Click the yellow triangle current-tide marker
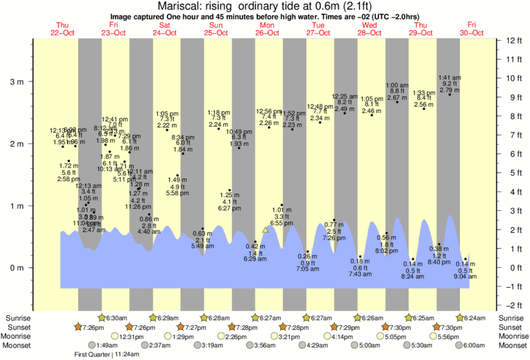pyautogui.click(x=266, y=230)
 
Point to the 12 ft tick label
pyautogui.click(x=513, y=40)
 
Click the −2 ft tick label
pyautogui.click(x=513, y=306)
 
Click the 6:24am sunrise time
pyautogui.click(x=473, y=317)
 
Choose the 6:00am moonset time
pyautogui.click(x=473, y=345)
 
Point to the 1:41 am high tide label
pyautogui.click(x=449, y=77)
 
